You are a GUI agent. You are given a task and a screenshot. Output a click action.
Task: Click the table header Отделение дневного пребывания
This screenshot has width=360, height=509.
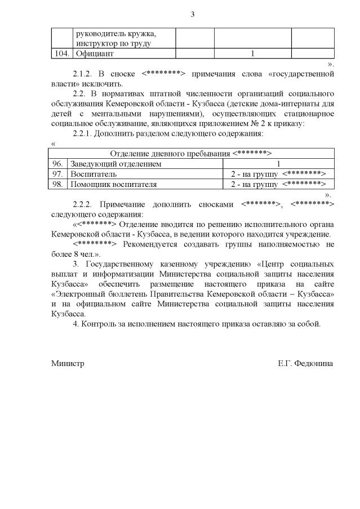191,154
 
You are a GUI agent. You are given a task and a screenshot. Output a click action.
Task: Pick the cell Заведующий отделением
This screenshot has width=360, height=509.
115,164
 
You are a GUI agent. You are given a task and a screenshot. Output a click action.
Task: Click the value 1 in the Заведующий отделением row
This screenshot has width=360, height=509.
278,164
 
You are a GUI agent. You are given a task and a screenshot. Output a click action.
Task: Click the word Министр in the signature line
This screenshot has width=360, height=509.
67,364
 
